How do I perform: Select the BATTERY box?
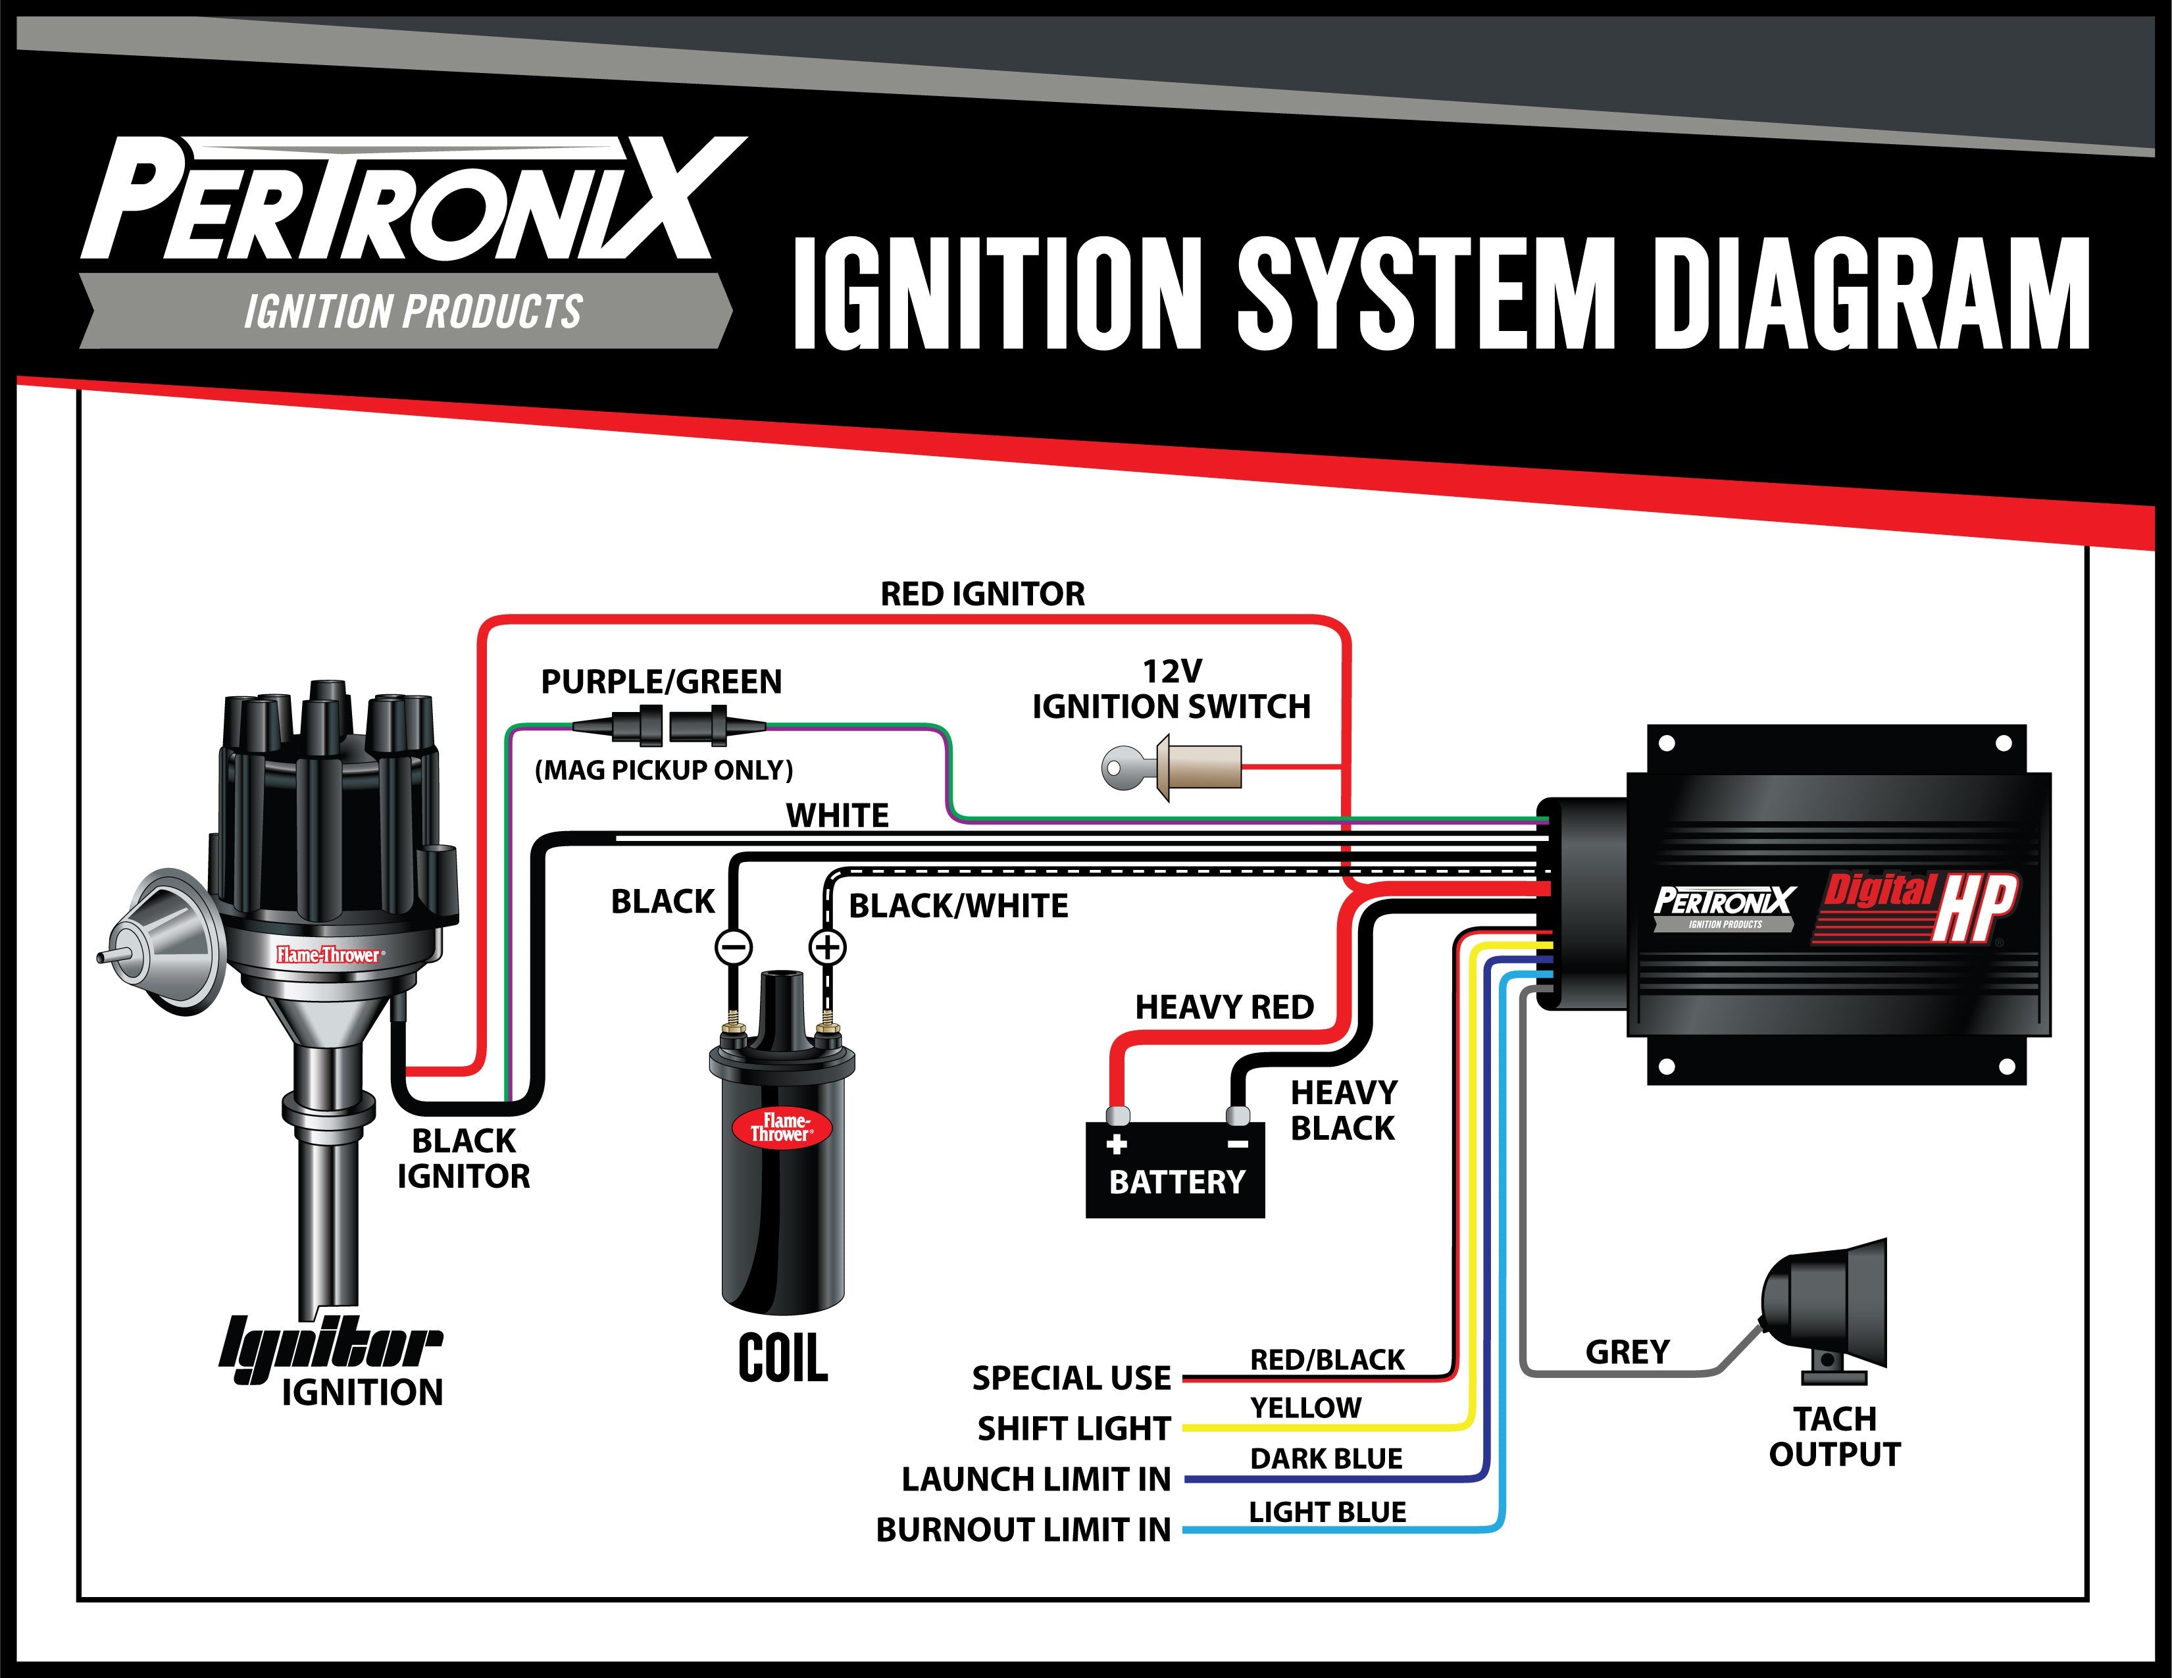tap(1174, 1169)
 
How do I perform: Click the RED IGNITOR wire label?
tap(982, 594)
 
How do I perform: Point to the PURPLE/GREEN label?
tap(661, 681)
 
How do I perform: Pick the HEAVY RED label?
tap(1225, 1007)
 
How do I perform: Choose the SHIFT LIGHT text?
tap(1074, 1429)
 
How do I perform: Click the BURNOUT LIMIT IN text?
tap(1023, 1530)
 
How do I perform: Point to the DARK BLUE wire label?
tap(1326, 1458)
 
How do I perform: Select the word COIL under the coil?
tap(783, 1359)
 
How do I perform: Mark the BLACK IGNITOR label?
tap(463, 1157)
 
